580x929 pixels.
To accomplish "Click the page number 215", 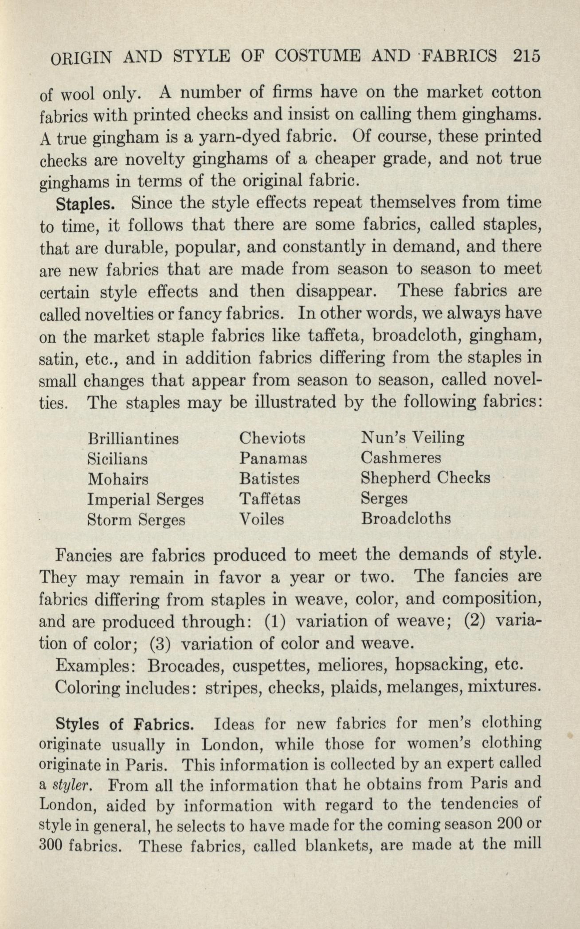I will [527, 57].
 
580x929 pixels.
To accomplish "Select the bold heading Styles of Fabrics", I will [125, 724].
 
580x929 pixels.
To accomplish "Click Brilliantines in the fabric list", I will [133, 439].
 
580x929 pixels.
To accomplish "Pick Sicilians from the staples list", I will [118, 458].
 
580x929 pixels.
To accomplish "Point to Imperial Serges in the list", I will [146, 500].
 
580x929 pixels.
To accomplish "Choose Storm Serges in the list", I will [137, 520].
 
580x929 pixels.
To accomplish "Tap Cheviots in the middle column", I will [272, 438].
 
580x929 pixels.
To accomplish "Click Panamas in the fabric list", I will [273, 458].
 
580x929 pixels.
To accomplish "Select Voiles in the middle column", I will [262, 519].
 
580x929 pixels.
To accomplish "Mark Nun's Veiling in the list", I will [413, 438].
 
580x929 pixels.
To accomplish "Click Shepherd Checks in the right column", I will [426, 478].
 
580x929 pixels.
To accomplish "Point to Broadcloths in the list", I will [406, 519].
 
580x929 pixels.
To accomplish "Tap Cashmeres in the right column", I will [401, 458].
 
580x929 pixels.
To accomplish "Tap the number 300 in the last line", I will [52, 844].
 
